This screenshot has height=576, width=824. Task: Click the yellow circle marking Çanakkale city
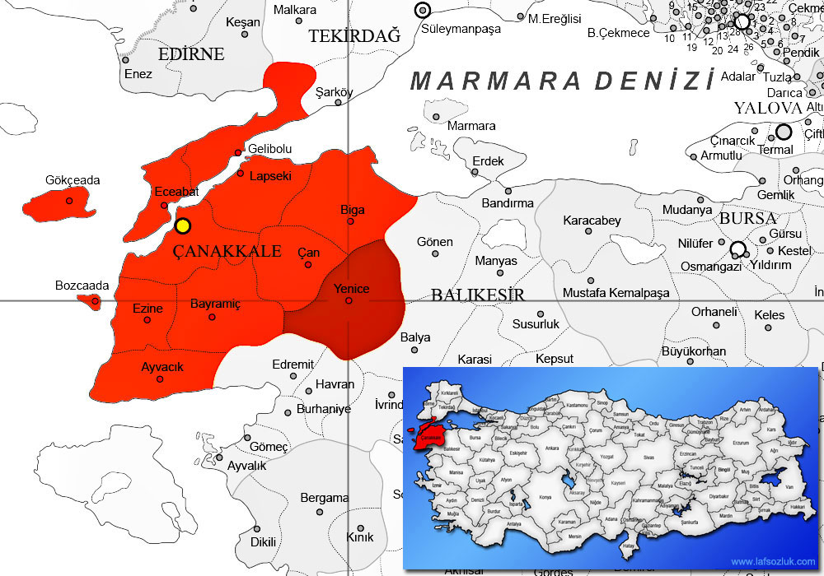(x=183, y=225)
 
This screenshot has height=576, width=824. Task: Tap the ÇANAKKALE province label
(x=227, y=251)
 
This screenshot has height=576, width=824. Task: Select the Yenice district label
(x=351, y=288)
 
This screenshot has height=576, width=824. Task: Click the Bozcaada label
(x=82, y=286)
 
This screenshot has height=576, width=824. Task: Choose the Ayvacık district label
(x=162, y=366)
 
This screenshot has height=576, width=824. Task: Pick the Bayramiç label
(x=215, y=304)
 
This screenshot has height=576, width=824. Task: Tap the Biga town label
(x=353, y=210)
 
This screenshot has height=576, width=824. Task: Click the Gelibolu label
(x=270, y=148)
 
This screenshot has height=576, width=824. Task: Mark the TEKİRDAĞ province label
(x=354, y=35)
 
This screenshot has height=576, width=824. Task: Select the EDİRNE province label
(x=192, y=54)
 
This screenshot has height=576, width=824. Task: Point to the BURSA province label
(x=748, y=219)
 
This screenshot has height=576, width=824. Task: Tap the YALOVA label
(x=768, y=109)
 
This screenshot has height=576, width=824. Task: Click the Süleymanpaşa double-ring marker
(x=423, y=11)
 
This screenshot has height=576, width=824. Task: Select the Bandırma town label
(x=508, y=202)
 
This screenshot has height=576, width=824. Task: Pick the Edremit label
(x=293, y=365)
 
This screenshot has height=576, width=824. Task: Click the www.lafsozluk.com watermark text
(x=772, y=560)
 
